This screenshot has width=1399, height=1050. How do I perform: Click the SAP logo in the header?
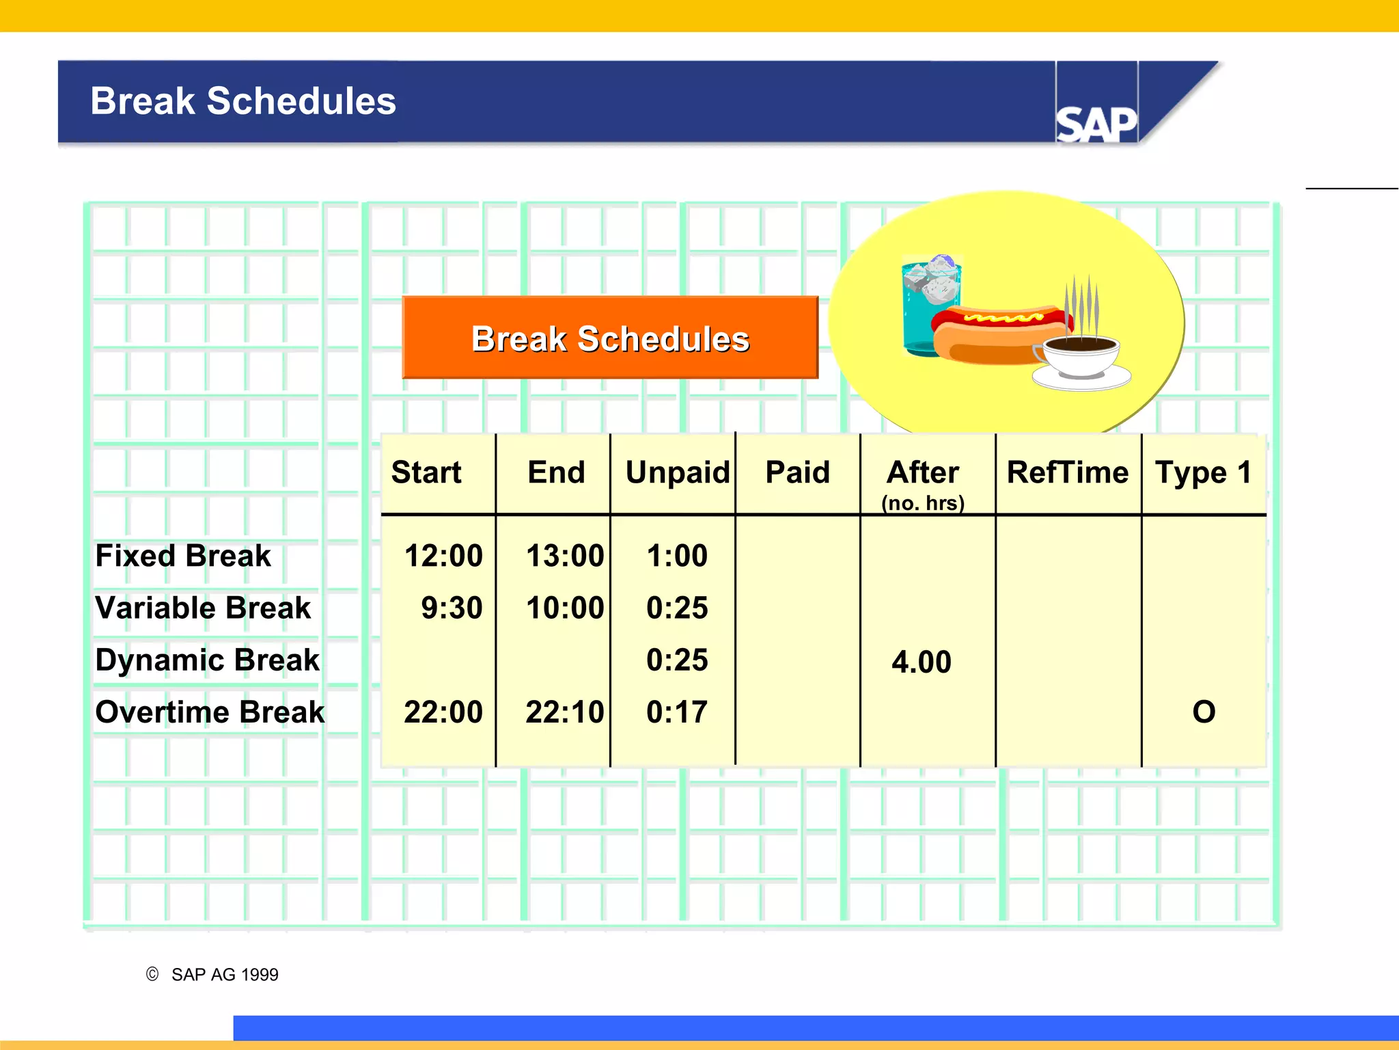(1096, 124)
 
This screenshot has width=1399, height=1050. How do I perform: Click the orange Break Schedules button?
(610, 338)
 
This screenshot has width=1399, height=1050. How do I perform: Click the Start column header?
(426, 472)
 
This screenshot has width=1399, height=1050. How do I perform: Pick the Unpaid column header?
(677, 472)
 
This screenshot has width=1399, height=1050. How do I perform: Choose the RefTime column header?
(1068, 472)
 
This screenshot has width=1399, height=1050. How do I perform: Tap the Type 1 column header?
(1203, 472)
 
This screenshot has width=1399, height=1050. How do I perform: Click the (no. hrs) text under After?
(922, 503)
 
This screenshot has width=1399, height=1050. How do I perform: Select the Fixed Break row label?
(183, 556)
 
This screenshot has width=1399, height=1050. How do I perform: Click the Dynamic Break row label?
(207, 660)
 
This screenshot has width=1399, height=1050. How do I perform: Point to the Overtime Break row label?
(210, 712)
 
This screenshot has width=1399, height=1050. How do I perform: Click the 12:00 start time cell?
(443, 556)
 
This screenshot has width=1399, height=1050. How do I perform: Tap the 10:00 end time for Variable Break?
(565, 608)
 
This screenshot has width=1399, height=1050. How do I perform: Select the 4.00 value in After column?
(921, 662)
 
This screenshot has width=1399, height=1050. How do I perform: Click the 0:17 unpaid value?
(676, 712)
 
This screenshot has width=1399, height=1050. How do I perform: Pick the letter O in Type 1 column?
(1204, 712)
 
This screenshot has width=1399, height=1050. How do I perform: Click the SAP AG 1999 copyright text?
(224, 974)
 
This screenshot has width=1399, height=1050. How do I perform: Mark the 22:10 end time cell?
(565, 712)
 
